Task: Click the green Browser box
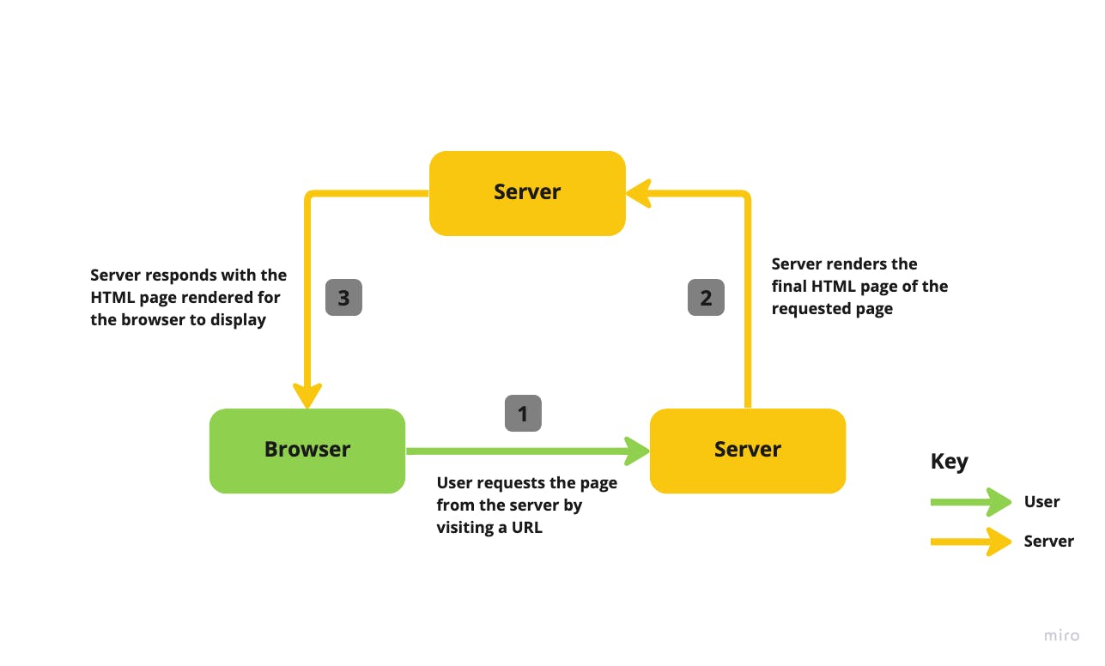pyautogui.click(x=307, y=451)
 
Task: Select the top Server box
pyautogui.click(x=527, y=193)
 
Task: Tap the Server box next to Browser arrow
pyautogui.click(x=747, y=451)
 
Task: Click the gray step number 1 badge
pyautogui.click(x=523, y=414)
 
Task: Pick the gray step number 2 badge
pyautogui.click(x=706, y=298)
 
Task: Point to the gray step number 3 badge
pyautogui.click(x=343, y=298)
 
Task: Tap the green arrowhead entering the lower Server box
pyautogui.click(x=637, y=451)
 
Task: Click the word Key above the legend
pyautogui.click(x=949, y=462)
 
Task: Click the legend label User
pyautogui.click(x=1041, y=502)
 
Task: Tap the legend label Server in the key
pyautogui.click(x=1048, y=542)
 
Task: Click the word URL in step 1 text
pyautogui.click(x=527, y=528)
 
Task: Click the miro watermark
pyautogui.click(x=1061, y=636)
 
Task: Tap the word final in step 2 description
pyautogui.click(x=790, y=287)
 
